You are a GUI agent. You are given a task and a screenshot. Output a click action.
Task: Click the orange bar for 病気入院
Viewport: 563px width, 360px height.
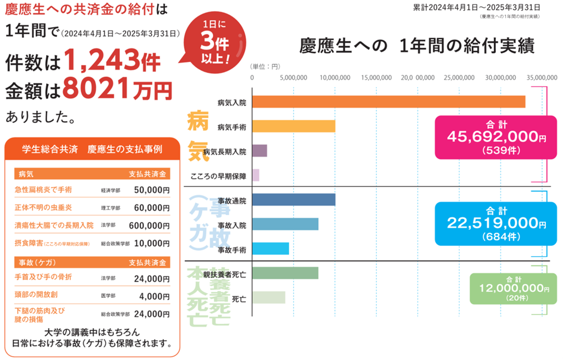(388, 102)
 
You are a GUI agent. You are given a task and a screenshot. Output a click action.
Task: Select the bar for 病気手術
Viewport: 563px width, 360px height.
(294, 126)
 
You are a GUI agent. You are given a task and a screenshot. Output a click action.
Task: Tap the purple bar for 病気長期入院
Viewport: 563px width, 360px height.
(260, 151)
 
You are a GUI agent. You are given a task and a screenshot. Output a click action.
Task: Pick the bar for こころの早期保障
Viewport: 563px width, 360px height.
(256, 175)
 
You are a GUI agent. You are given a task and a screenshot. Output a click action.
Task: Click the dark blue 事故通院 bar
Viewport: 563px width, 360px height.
(294, 200)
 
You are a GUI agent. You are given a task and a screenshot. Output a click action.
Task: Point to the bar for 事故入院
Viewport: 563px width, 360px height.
(285, 225)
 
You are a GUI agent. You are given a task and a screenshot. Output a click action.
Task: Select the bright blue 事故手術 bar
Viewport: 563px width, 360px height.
(271, 250)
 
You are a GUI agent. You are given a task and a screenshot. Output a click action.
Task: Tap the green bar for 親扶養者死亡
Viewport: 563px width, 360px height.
(285, 273)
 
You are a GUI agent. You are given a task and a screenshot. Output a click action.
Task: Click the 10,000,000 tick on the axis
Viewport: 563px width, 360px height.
(335, 78)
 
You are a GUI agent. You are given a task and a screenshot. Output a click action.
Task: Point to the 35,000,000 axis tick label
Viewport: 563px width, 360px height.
(542, 78)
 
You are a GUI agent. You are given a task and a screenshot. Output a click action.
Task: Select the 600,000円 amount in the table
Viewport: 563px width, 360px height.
(149, 225)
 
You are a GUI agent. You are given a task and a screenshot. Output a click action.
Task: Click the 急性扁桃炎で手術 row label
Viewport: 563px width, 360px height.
(43, 190)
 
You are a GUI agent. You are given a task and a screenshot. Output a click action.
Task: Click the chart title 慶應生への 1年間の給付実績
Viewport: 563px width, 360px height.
(417, 46)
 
